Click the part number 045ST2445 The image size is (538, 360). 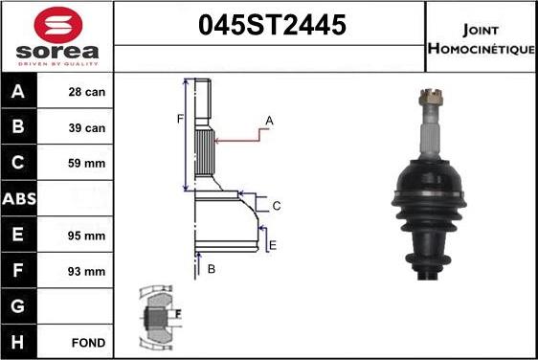271,27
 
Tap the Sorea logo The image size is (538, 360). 56,36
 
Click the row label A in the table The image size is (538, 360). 19,93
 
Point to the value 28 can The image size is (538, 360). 87,93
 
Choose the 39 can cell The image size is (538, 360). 87,128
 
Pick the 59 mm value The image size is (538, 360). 87,164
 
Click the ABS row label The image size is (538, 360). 19,199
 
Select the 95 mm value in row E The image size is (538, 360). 87,236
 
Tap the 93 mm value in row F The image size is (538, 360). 87,271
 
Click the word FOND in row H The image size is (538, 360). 87,342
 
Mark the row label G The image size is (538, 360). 19,306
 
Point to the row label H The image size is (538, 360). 19,342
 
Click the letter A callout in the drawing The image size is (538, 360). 269,121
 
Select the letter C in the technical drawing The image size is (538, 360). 276,206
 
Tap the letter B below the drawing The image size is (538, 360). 211,270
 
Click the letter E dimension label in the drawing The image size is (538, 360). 273,246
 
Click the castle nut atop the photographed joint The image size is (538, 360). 428,98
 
